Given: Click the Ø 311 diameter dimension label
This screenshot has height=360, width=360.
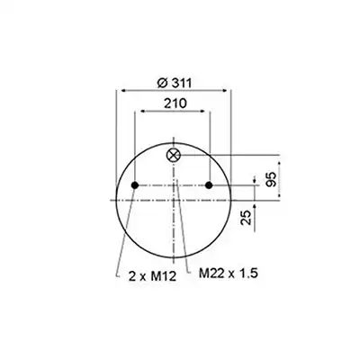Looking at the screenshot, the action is point(174,83).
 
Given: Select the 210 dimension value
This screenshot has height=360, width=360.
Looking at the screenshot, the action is point(175,103).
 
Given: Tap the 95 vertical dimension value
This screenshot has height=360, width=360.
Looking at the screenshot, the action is point(271,179).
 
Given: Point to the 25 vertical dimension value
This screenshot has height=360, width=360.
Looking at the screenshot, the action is point(246,218).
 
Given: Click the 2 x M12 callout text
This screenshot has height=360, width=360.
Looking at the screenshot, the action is point(152,276).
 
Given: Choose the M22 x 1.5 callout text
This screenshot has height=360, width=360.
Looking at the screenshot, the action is point(229,274).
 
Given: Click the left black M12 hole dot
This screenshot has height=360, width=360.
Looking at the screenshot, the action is point(135,185).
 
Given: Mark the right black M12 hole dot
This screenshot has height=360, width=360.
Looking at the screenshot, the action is point(209,185).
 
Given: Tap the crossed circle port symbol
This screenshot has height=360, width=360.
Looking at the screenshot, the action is point(173,155).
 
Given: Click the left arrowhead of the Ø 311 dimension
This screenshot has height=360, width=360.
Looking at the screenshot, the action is point(122,90).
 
